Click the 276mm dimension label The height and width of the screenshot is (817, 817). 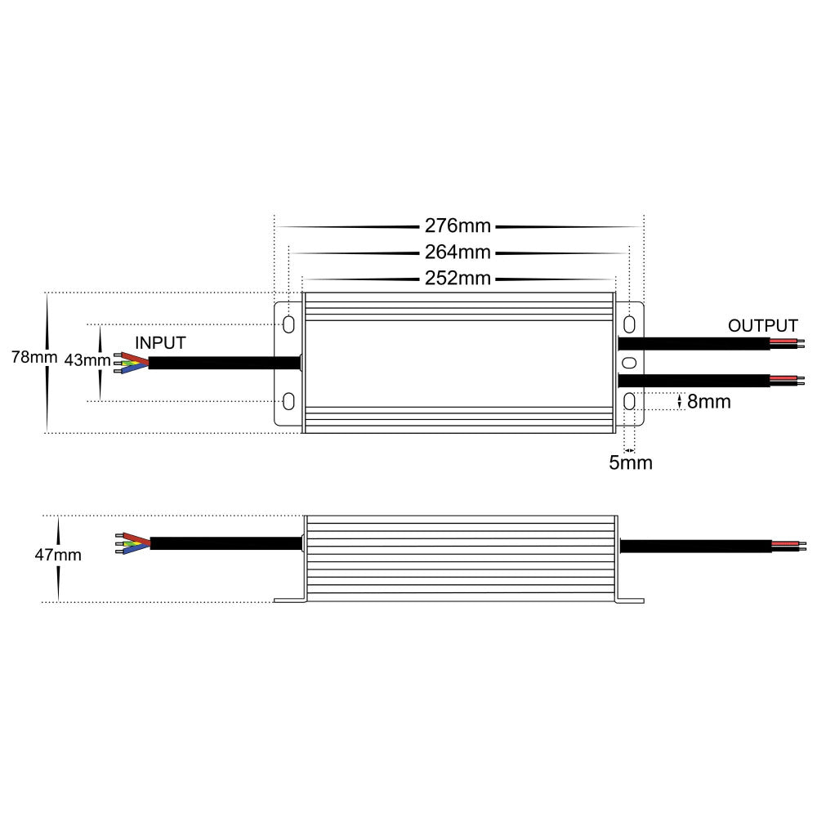(x=458, y=225)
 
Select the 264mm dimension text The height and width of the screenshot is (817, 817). (x=458, y=252)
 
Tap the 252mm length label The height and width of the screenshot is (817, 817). (x=458, y=279)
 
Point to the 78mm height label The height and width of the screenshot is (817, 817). (x=34, y=358)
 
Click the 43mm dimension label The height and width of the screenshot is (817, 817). (x=87, y=360)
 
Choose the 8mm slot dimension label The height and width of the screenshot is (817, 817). (x=708, y=402)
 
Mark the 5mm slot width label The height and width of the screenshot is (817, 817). (x=631, y=462)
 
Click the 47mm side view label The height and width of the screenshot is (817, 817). (x=58, y=555)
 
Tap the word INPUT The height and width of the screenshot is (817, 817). (x=160, y=343)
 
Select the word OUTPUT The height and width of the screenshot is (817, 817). (x=763, y=326)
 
